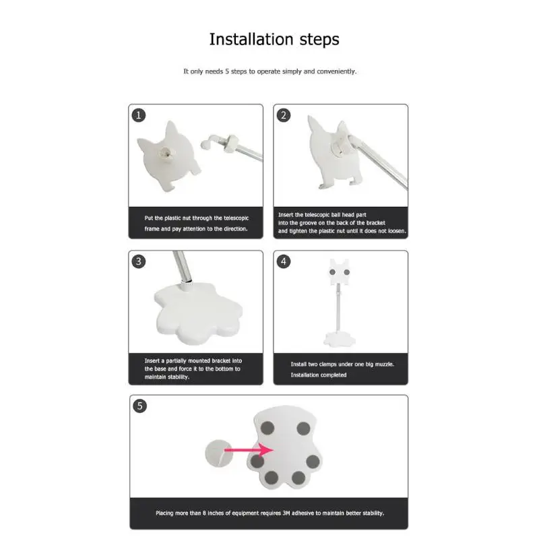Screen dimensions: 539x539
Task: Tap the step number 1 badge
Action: [x=139, y=115]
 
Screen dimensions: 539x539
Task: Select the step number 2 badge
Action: [x=284, y=115]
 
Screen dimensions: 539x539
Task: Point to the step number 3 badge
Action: [x=139, y=261]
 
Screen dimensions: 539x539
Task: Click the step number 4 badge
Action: [x=284, y=261]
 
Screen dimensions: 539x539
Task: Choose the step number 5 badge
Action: [x=139, y=406]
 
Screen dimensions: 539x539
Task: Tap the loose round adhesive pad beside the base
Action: [x=218, y=453]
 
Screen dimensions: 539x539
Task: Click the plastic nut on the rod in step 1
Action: [x=230, y=143]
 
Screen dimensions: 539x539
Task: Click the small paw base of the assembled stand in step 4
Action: [x=340, y=340]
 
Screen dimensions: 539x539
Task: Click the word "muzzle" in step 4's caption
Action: [x=384, y=364]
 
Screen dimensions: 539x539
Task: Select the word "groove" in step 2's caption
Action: [x=308, y=223]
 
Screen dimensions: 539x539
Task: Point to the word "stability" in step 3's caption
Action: [x=179, y=377]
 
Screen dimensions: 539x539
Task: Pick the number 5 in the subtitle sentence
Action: [x=227, y=71]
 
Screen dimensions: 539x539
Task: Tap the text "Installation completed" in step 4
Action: [x=318, y=375]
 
